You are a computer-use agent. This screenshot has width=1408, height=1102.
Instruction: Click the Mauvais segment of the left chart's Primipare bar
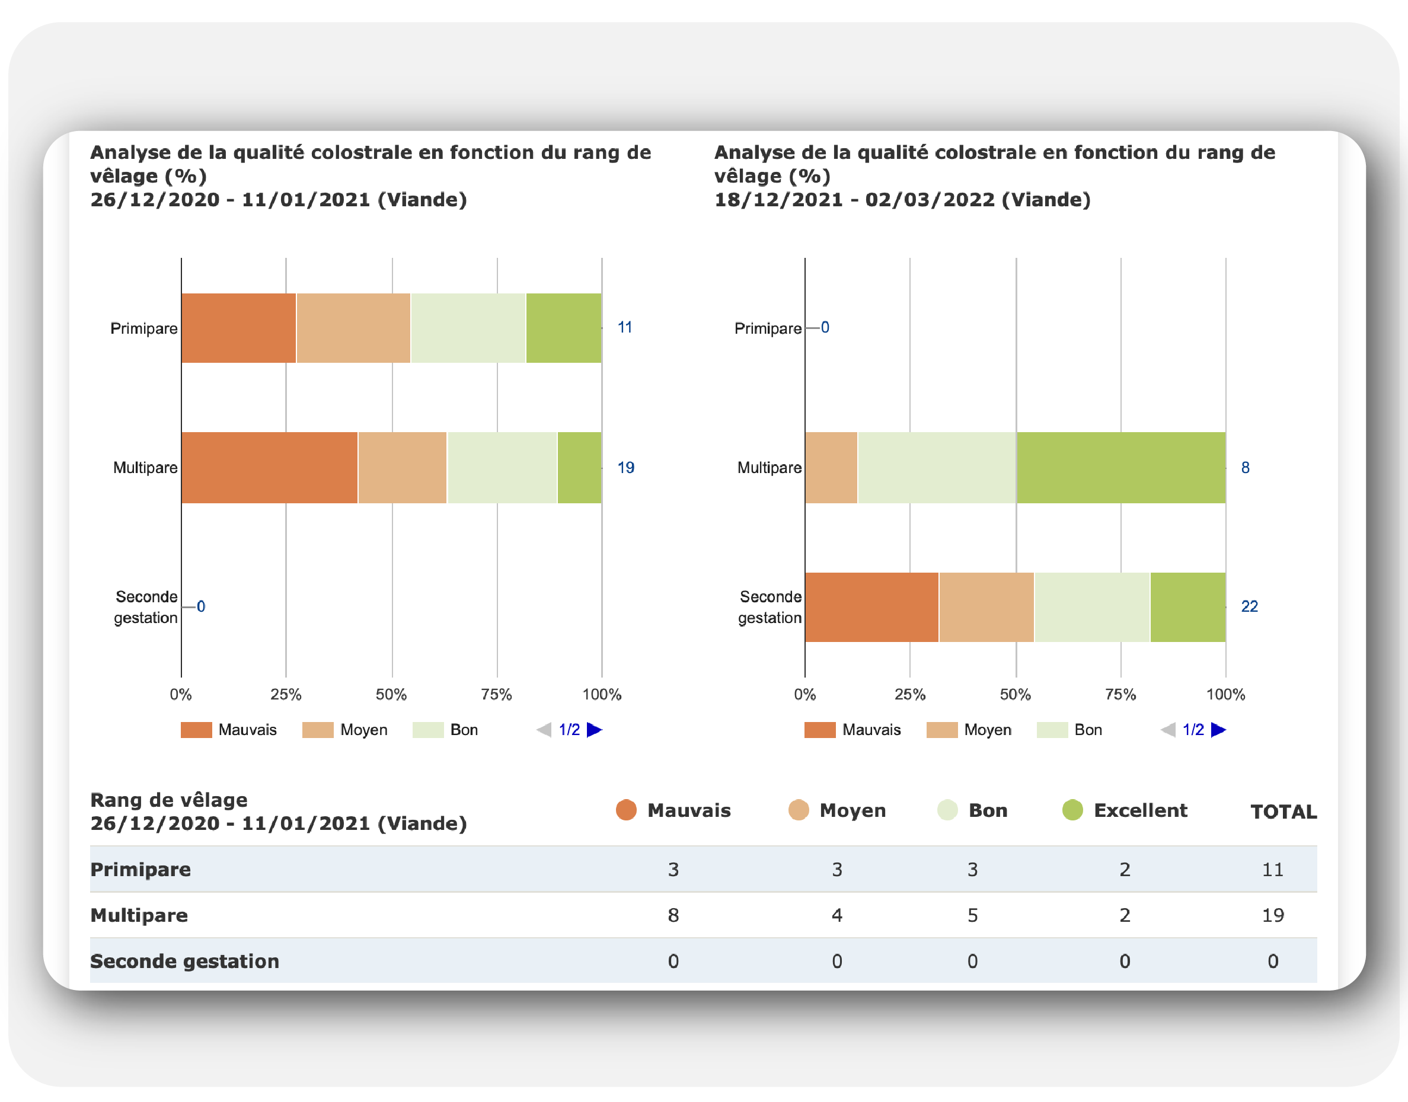point(238,328)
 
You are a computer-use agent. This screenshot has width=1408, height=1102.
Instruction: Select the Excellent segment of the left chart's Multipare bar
point(579,467)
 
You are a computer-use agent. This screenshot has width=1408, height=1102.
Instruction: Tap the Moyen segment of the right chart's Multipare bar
point(831,467)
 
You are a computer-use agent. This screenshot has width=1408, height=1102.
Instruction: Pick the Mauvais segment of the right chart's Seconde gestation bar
point(871,606)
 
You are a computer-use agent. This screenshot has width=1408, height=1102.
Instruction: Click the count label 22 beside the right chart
point(1249,606)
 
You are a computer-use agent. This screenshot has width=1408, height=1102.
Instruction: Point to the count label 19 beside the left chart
point(625,467)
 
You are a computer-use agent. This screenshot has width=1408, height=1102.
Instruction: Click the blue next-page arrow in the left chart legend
point(594,730)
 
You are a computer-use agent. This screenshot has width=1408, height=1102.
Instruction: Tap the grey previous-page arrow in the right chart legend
point(1168,730)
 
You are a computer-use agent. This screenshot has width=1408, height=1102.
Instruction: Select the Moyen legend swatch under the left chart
point(318,730)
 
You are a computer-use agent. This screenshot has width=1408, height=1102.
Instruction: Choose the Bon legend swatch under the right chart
point(1052,730)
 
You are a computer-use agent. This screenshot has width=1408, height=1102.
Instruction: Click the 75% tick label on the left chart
point(496,694)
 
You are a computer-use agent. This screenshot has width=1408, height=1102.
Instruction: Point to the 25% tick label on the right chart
point(910,694)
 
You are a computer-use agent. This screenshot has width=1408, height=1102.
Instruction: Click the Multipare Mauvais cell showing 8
point(673,915)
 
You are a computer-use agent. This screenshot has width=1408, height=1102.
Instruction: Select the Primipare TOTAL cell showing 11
point(1272,869)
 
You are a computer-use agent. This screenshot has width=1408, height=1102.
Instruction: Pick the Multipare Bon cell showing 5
point(972,915)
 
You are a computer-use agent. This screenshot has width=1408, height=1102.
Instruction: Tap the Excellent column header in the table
point(1139,810)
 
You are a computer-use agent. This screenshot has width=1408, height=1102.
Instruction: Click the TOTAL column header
point(1283,812)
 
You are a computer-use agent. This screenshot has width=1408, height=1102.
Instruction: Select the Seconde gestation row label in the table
point(184,961)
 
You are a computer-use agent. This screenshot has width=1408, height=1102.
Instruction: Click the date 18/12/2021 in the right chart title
point(778,199)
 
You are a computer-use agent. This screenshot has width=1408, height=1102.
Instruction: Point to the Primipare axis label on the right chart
point(767,328)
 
